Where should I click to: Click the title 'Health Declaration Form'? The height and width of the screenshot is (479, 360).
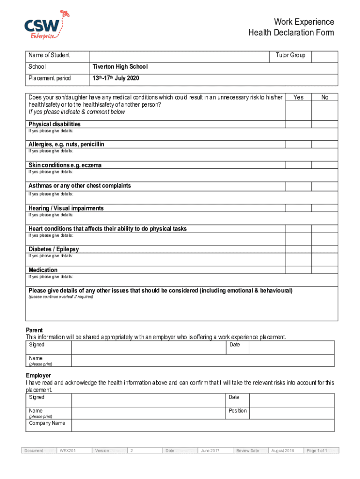291,32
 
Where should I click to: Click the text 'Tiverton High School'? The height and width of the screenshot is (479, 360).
120,67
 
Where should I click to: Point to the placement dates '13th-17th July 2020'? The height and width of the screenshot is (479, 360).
115,79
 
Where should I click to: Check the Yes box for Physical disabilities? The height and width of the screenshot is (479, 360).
298,124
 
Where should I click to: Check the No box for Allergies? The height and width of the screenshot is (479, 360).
324,145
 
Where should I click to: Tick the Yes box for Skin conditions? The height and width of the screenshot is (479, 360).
298,165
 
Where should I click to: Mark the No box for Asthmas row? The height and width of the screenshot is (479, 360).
324,186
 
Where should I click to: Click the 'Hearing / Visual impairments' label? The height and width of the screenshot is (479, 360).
66,208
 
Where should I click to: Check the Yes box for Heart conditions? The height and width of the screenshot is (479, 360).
298,229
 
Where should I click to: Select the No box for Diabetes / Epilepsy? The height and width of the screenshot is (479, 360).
324,249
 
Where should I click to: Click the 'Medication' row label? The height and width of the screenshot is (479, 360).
43,270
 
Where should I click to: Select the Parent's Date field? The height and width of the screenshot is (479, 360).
291,348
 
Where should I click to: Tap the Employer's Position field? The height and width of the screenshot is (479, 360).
291,413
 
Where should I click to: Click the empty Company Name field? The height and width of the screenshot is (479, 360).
202,425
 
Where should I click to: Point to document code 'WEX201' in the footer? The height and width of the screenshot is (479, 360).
68,450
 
